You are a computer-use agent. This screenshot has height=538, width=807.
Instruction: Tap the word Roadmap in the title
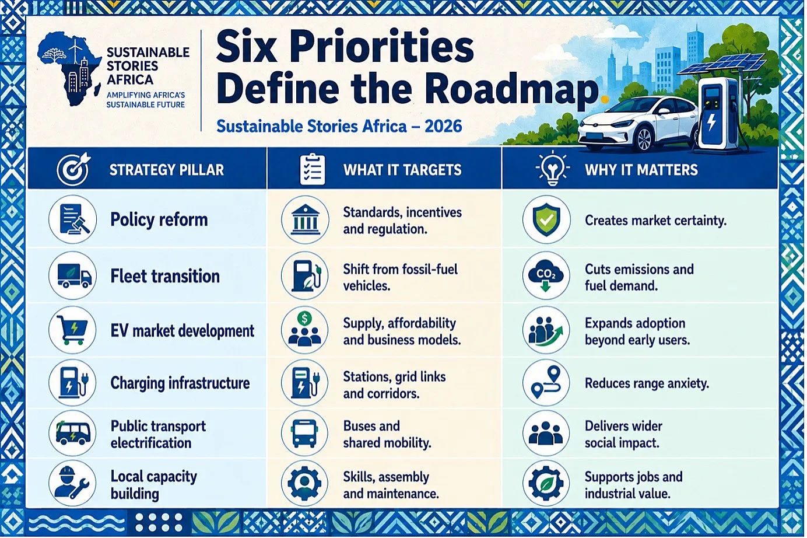point(511,89)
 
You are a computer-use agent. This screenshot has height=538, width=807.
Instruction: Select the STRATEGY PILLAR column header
point(166,170)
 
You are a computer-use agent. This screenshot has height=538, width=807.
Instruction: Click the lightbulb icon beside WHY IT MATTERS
point(553,169)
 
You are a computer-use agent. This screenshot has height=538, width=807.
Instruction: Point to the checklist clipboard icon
point(313,169)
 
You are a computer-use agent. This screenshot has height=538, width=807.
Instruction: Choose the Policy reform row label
point(159,219)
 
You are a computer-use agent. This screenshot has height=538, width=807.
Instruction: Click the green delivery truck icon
point(73,276)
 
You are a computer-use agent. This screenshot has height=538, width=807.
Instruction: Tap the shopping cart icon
point(73,330)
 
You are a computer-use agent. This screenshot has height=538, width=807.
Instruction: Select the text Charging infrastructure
point(180,383)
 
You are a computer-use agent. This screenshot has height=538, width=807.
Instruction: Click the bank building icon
point(305,219)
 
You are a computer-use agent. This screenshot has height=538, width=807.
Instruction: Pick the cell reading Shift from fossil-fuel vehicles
point(400,277)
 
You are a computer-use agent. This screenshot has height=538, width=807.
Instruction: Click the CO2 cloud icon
point(546,276)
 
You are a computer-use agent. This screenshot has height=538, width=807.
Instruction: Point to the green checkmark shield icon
point(546,219)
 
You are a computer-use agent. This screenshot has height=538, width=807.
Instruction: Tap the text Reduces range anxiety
point(647,383)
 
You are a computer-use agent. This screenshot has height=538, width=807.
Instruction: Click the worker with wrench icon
point(72,483)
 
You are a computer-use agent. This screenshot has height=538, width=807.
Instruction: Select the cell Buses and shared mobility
point(387,434)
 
